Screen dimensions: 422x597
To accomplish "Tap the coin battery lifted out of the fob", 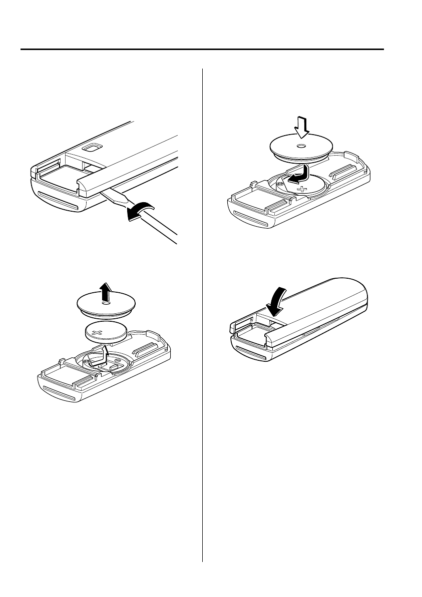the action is (x=105, y=333).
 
